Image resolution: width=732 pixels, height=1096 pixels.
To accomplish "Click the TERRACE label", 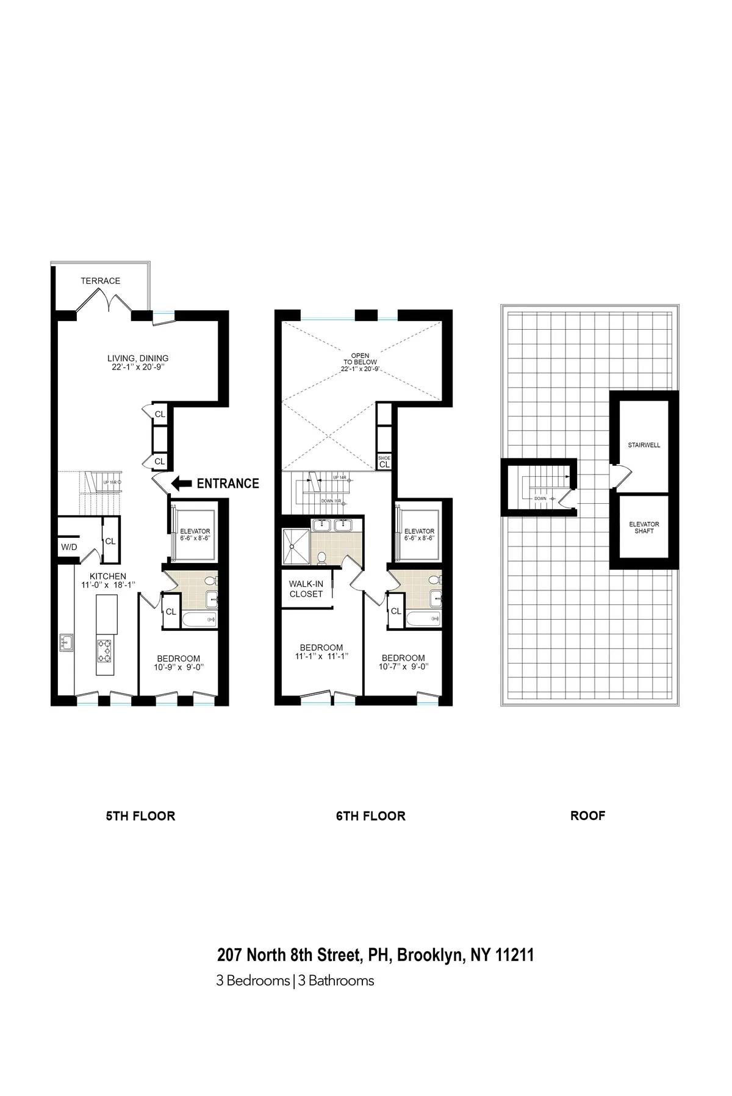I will [x=101, y=281].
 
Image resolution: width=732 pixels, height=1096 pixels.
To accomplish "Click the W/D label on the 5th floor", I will [x=69, y=547].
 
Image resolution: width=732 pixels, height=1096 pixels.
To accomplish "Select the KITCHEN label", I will [x=108, y=576].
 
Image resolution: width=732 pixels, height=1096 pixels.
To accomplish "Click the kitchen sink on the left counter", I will [x=65, y=642].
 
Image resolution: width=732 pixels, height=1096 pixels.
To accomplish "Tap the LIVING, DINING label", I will [x=138, y=358].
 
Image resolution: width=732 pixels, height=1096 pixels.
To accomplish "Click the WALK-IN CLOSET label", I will [x=306, y=589].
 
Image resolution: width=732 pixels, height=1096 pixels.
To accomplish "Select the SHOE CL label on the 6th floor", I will [x=384, y=462].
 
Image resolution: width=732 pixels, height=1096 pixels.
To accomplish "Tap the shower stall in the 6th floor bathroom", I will [x=295, y=545].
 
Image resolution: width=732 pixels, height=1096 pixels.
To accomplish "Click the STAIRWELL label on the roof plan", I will [x=644, y=445].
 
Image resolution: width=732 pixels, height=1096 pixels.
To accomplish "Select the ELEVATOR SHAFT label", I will [x=644, y=528].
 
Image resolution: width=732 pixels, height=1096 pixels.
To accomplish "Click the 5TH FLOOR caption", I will [x=140, y=816].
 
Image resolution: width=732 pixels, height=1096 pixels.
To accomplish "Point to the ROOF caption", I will [x=587, y=816].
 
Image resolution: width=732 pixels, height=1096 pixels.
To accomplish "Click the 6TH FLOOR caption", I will [x=370, y=816].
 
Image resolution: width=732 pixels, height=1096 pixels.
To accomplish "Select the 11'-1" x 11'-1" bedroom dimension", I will [x=321, y=657].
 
